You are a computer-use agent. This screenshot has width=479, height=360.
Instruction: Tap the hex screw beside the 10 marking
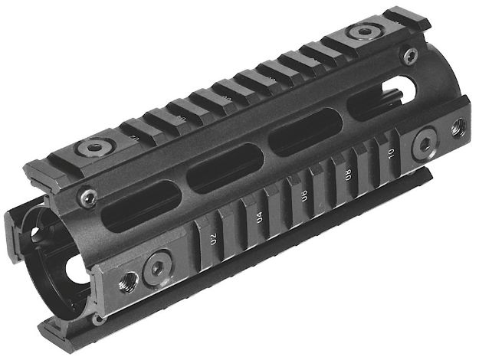pyautogui.click(x=425, y=142)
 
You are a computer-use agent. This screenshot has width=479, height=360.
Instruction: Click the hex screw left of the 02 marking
pyautogui.click(x=157, y=268)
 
